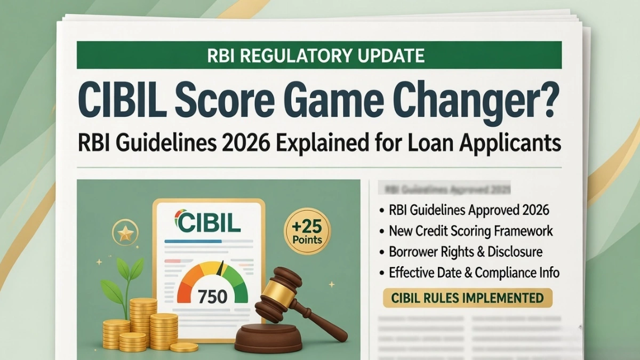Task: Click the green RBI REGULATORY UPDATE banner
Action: click(x=319, y=55)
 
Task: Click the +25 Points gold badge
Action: click(x=307, y=231)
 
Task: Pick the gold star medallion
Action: click(x=125, y=233)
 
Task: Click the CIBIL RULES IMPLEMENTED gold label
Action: click(x=468, y=297)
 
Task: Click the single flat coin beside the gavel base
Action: click(x=185, y=347)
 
